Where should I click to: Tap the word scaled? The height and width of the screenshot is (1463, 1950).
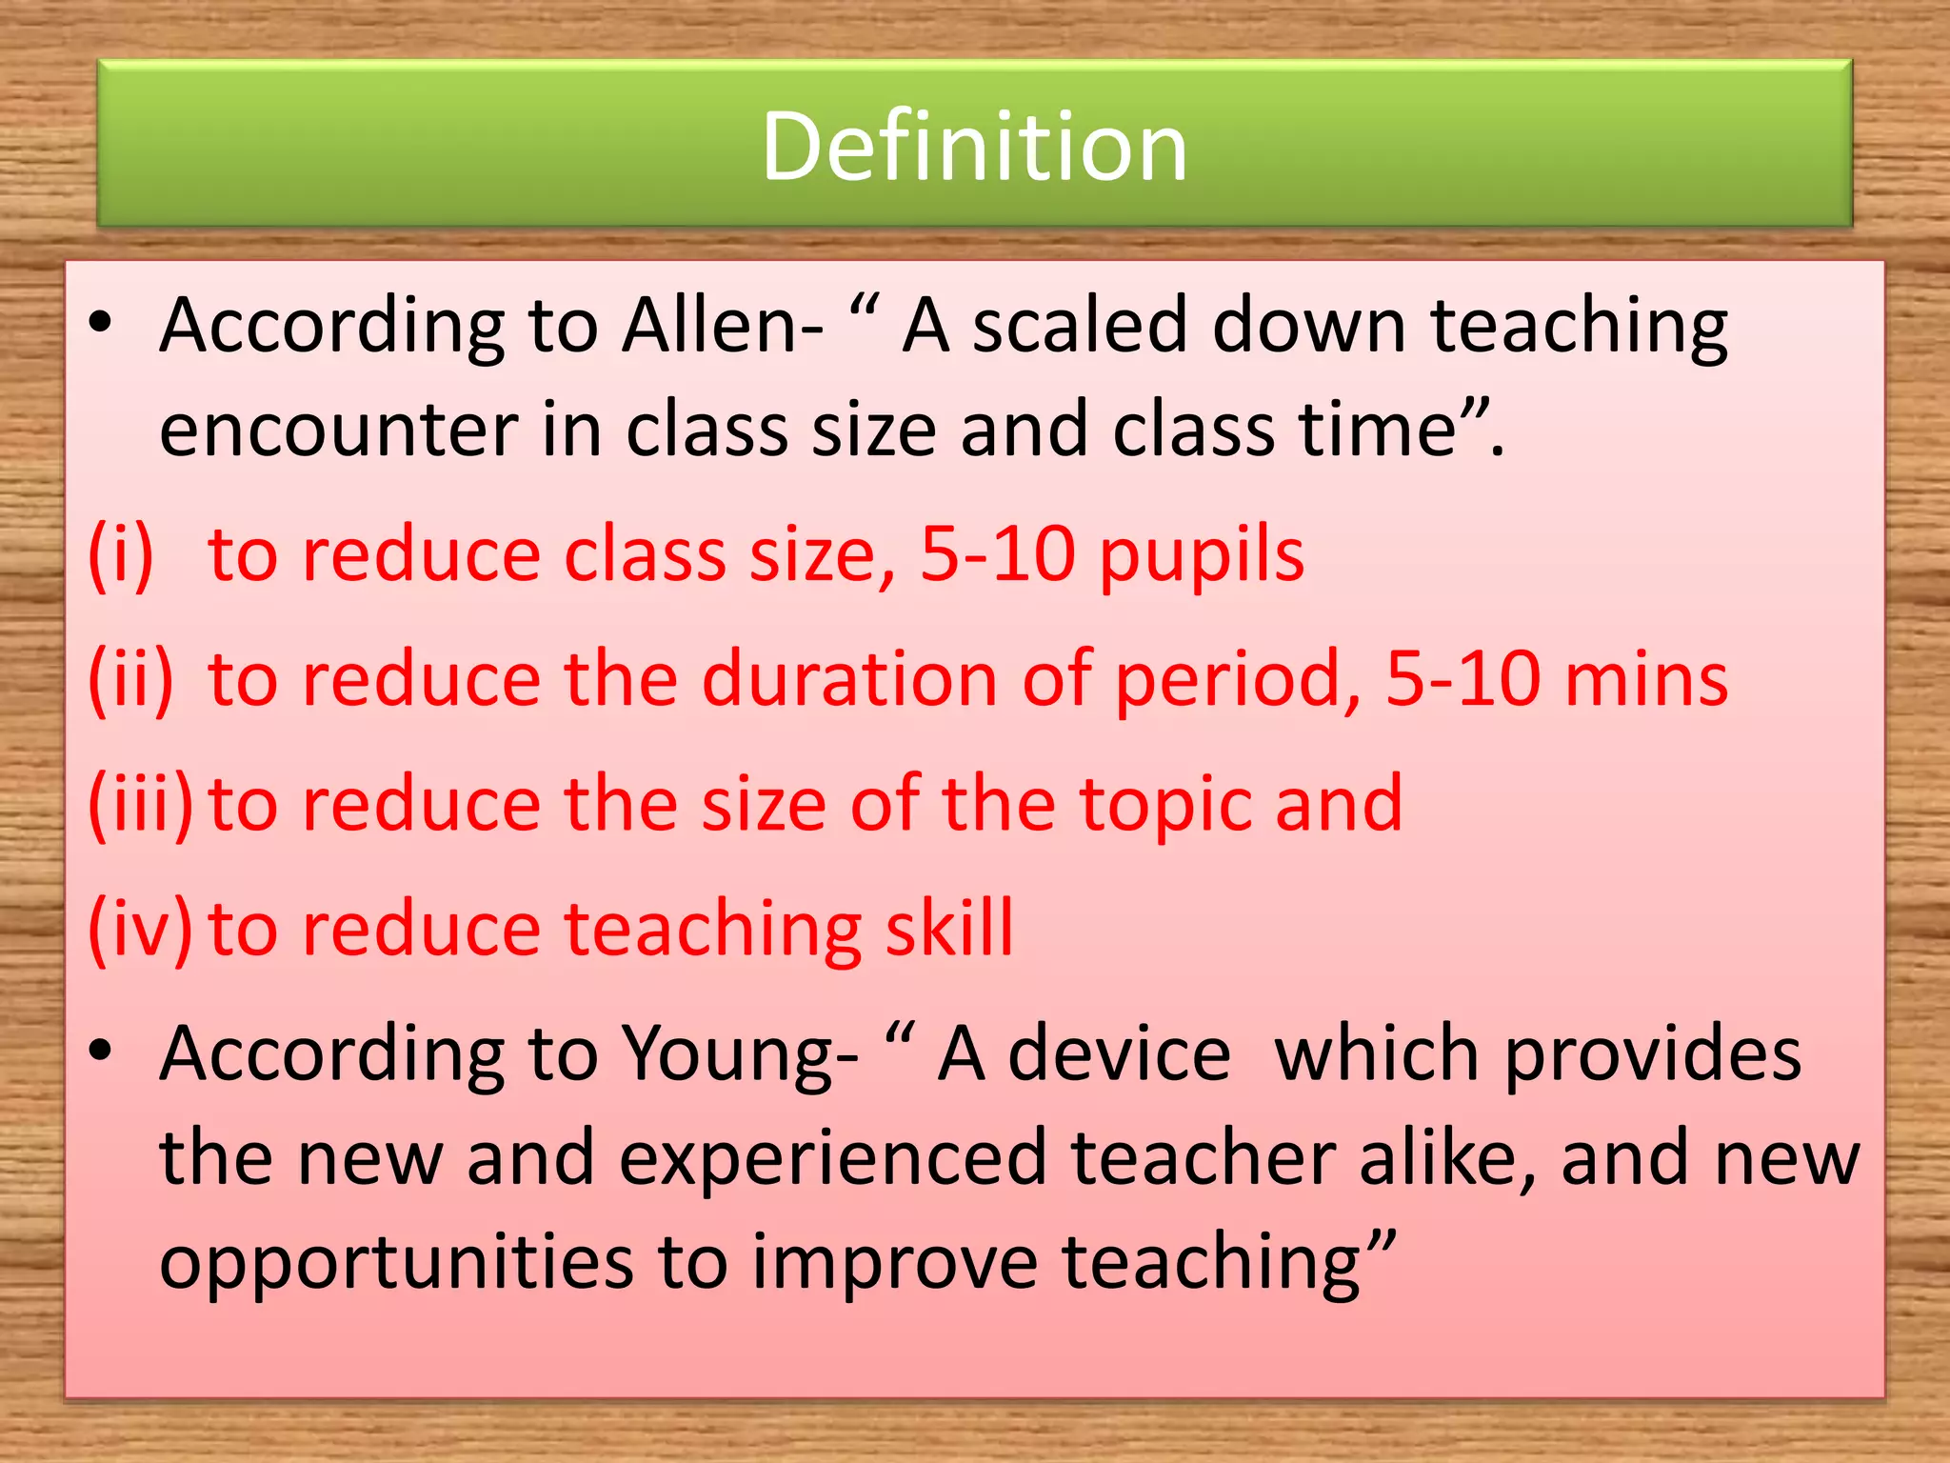click(1079, 326)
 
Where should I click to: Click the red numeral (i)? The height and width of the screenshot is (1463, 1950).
click(121, 555)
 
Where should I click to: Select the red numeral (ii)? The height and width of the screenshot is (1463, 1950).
click(131, 680)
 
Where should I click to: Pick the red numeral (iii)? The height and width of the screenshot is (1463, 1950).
click(141, 805)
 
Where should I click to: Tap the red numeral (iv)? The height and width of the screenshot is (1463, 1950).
click(139, 929)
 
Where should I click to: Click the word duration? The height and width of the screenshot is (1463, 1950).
click(849, 680)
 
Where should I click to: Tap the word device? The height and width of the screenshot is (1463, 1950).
click(1119, 1054)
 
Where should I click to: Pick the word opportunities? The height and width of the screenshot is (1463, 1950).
click(396, 1264)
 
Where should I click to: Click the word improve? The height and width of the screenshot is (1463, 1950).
click(894, 1264)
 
